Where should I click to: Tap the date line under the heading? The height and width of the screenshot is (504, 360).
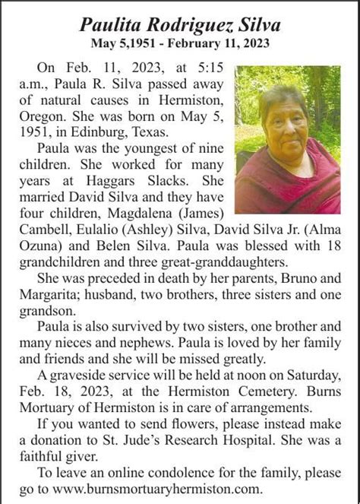click(179, 44)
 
